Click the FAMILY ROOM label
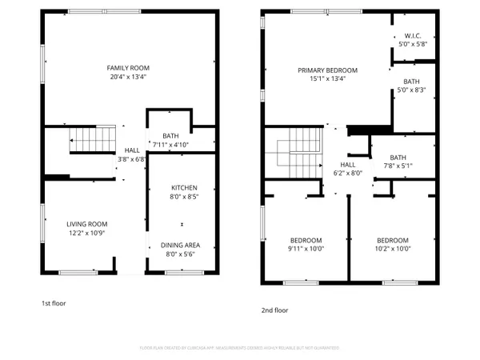(x=129, y=68)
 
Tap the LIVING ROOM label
(x=86, y=224)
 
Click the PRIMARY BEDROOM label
(x=327, y=70)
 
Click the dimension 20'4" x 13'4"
(x=129, y=78)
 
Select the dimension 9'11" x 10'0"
(x=306, y=250)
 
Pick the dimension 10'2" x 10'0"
(x=392, y=250)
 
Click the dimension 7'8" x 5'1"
(x=398, y=166)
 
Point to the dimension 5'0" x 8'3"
(x=411, y=90)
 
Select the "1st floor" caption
(x=55, y=304)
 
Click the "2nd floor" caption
(x=274, y=310)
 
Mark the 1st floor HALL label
(x=131, y=150)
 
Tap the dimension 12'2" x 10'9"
(x=86, y=234)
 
